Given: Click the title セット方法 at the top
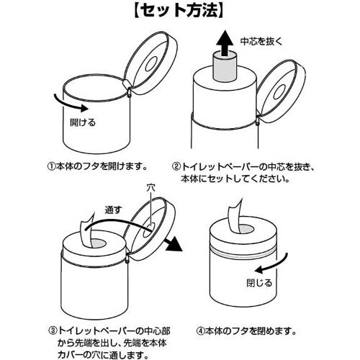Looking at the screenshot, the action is tap(179, 10).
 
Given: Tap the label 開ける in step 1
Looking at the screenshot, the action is tap(83, 122).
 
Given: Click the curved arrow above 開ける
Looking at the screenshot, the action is tap(71, 104).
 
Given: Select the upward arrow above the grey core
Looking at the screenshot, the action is tap(225, 44).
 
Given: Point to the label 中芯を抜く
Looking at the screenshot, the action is tap(262, 42).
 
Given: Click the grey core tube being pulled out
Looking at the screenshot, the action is tap(225, 66).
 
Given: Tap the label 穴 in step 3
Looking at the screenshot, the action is tap(150, 188).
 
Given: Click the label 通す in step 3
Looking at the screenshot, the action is tap(113, 210).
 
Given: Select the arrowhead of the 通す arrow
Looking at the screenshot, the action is tap(174, 243).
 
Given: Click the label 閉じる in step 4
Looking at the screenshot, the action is tap(259, 283).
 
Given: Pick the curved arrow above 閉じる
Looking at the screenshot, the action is tap(271, 264).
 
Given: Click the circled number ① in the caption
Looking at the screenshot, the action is tap(51, 166).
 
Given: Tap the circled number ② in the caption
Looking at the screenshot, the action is tap(176, 166).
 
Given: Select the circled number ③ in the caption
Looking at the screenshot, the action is tap(53, 331).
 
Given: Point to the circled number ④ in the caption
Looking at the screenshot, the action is tap(200, 331).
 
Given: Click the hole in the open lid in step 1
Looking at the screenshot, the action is tap(151, 64).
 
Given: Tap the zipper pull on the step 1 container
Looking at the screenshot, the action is tap(130, 93).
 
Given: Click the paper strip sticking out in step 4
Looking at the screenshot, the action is tap(235, 218).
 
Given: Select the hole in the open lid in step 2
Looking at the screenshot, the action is tap(279, 92).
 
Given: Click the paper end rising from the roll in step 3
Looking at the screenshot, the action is tap(87, 230).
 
